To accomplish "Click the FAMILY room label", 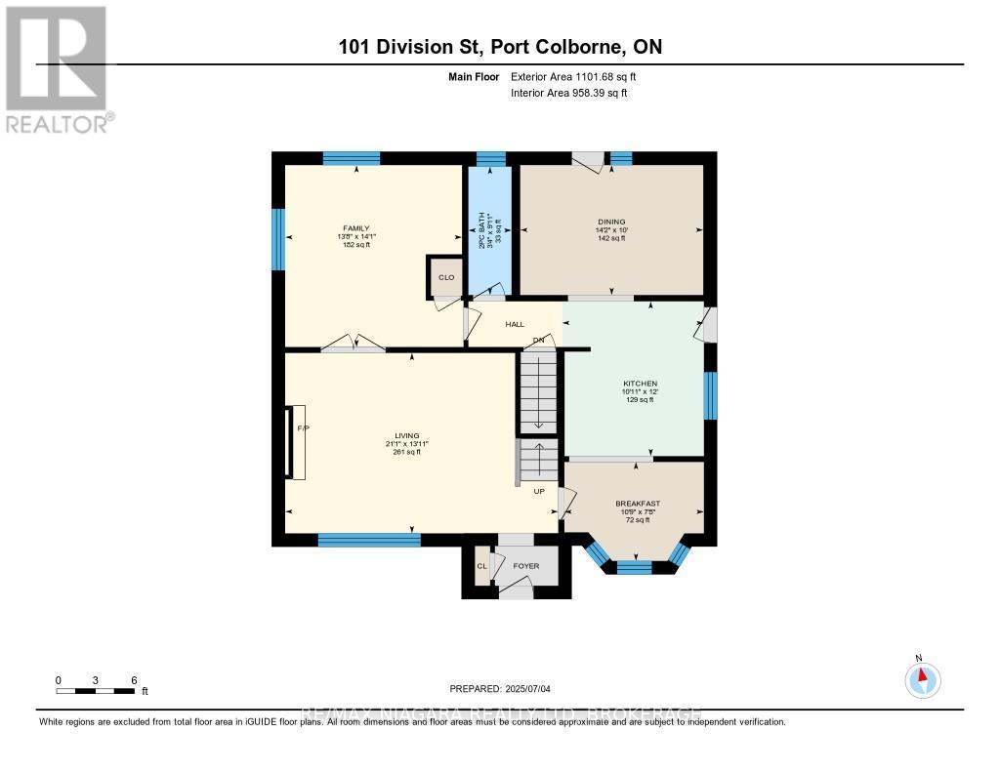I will tap(355, 228).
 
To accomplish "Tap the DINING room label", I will tap(611, 222).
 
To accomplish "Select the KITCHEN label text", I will tap(641, 384).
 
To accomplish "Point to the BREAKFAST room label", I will tap(631, 504).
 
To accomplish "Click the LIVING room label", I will tap(406, 435).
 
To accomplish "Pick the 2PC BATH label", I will tap(480, 229).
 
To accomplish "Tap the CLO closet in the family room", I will tap(446, 277).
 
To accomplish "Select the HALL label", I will tap(515, 324).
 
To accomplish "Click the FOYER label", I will tap(525, 566).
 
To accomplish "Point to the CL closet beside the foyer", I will tap(481, 566).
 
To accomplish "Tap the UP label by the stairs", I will tap(538, 491).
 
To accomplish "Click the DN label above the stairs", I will tap(537, 340).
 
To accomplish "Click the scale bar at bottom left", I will tap(96, 691).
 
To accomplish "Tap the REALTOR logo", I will tap(57, 68).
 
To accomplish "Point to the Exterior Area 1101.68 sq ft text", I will tap(573, 76).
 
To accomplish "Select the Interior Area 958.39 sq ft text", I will tap(568, 93).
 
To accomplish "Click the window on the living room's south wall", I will tap(369, 539).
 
